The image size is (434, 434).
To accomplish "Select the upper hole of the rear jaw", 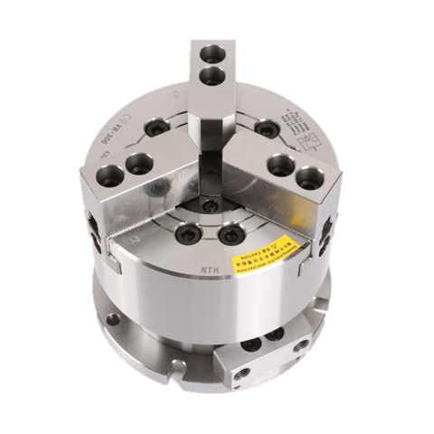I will click(212, 53).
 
